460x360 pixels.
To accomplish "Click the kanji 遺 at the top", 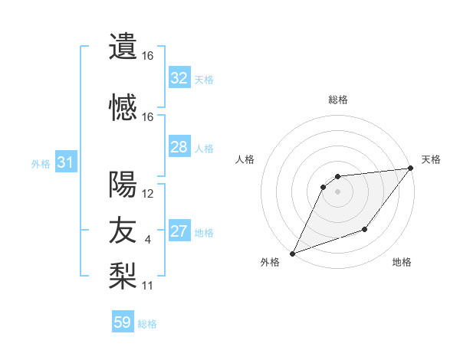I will (x=123, y=46).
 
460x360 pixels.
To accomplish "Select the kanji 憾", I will (x=123, y=108).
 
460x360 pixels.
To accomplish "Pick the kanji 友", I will (x=123, y=231).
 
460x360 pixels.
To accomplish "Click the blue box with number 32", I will (x=179, y=78).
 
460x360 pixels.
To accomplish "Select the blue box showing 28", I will (x=179, y=147).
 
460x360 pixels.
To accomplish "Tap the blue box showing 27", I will (x=179, y=231).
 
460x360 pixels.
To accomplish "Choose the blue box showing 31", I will (x=65, y=162).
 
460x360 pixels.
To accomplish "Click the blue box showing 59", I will (x=123, y=322).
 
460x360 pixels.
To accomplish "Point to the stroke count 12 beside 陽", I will (x=148, y=194).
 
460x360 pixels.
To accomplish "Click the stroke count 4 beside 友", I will (x=148, y=241).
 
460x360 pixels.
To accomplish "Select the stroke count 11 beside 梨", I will (x=148, y=286).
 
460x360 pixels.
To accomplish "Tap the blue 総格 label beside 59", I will (x=147, y=324).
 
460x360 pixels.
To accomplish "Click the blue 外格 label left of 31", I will (x=41, y=164).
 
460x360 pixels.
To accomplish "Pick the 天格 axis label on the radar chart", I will (x=431, y=159).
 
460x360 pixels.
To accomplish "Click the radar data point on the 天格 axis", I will (x=411, y=169).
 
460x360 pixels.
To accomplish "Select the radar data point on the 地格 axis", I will (x=365, y=229).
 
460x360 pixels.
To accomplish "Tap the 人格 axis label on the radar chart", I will (x=245, y=159).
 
